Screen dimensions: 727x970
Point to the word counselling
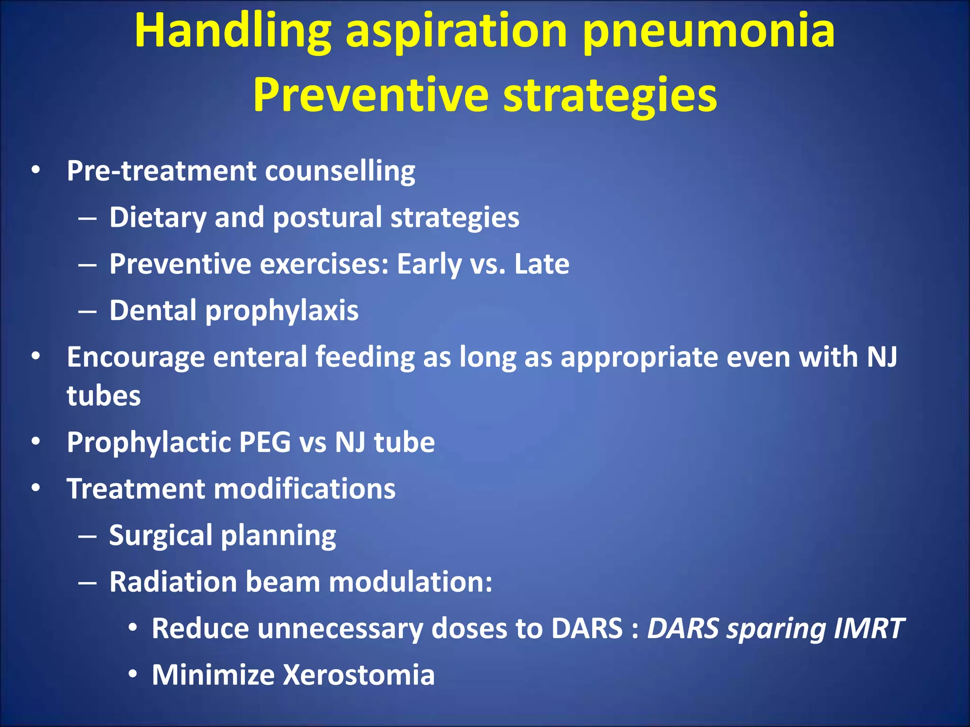click(340, 171)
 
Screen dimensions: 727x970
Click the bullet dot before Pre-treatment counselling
click(36, 170)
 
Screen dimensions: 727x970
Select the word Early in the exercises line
click(429, 264)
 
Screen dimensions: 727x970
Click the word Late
click(542, 264)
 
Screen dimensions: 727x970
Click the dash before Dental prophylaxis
click(88, 312)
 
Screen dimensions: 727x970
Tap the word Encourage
click(135, 357)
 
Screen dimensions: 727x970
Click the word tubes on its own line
click(104, 396)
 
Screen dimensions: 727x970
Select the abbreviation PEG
click(265, 442)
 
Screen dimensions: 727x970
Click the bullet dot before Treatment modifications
click(36, 488)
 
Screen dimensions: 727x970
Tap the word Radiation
click(173, 582)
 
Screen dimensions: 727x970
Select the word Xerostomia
click(359, 674)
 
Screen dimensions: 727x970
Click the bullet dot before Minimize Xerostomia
click(133, 674)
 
